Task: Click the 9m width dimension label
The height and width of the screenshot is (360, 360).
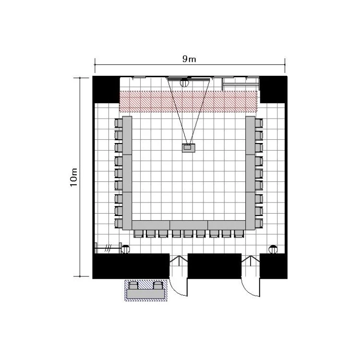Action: pyautogui.click(x=189, y=59)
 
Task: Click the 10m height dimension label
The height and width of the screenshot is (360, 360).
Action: pyautogui.click(x=74, y=178)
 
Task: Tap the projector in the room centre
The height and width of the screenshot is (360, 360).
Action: pyautogui.click(x=189, y=148)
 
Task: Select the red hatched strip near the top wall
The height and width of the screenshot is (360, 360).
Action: pyautogui.click(x=188, y=101)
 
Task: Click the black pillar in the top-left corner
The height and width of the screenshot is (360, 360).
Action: pyautogui.click(x=106, y=90)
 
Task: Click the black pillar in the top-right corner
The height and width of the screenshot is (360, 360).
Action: pyautogui.click(x=274, y=90)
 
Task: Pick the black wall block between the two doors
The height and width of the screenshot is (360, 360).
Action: pyautogui.click(x=215, y=266)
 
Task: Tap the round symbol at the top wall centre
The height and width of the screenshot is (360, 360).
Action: pyautogui.click(x=184, y=83)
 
